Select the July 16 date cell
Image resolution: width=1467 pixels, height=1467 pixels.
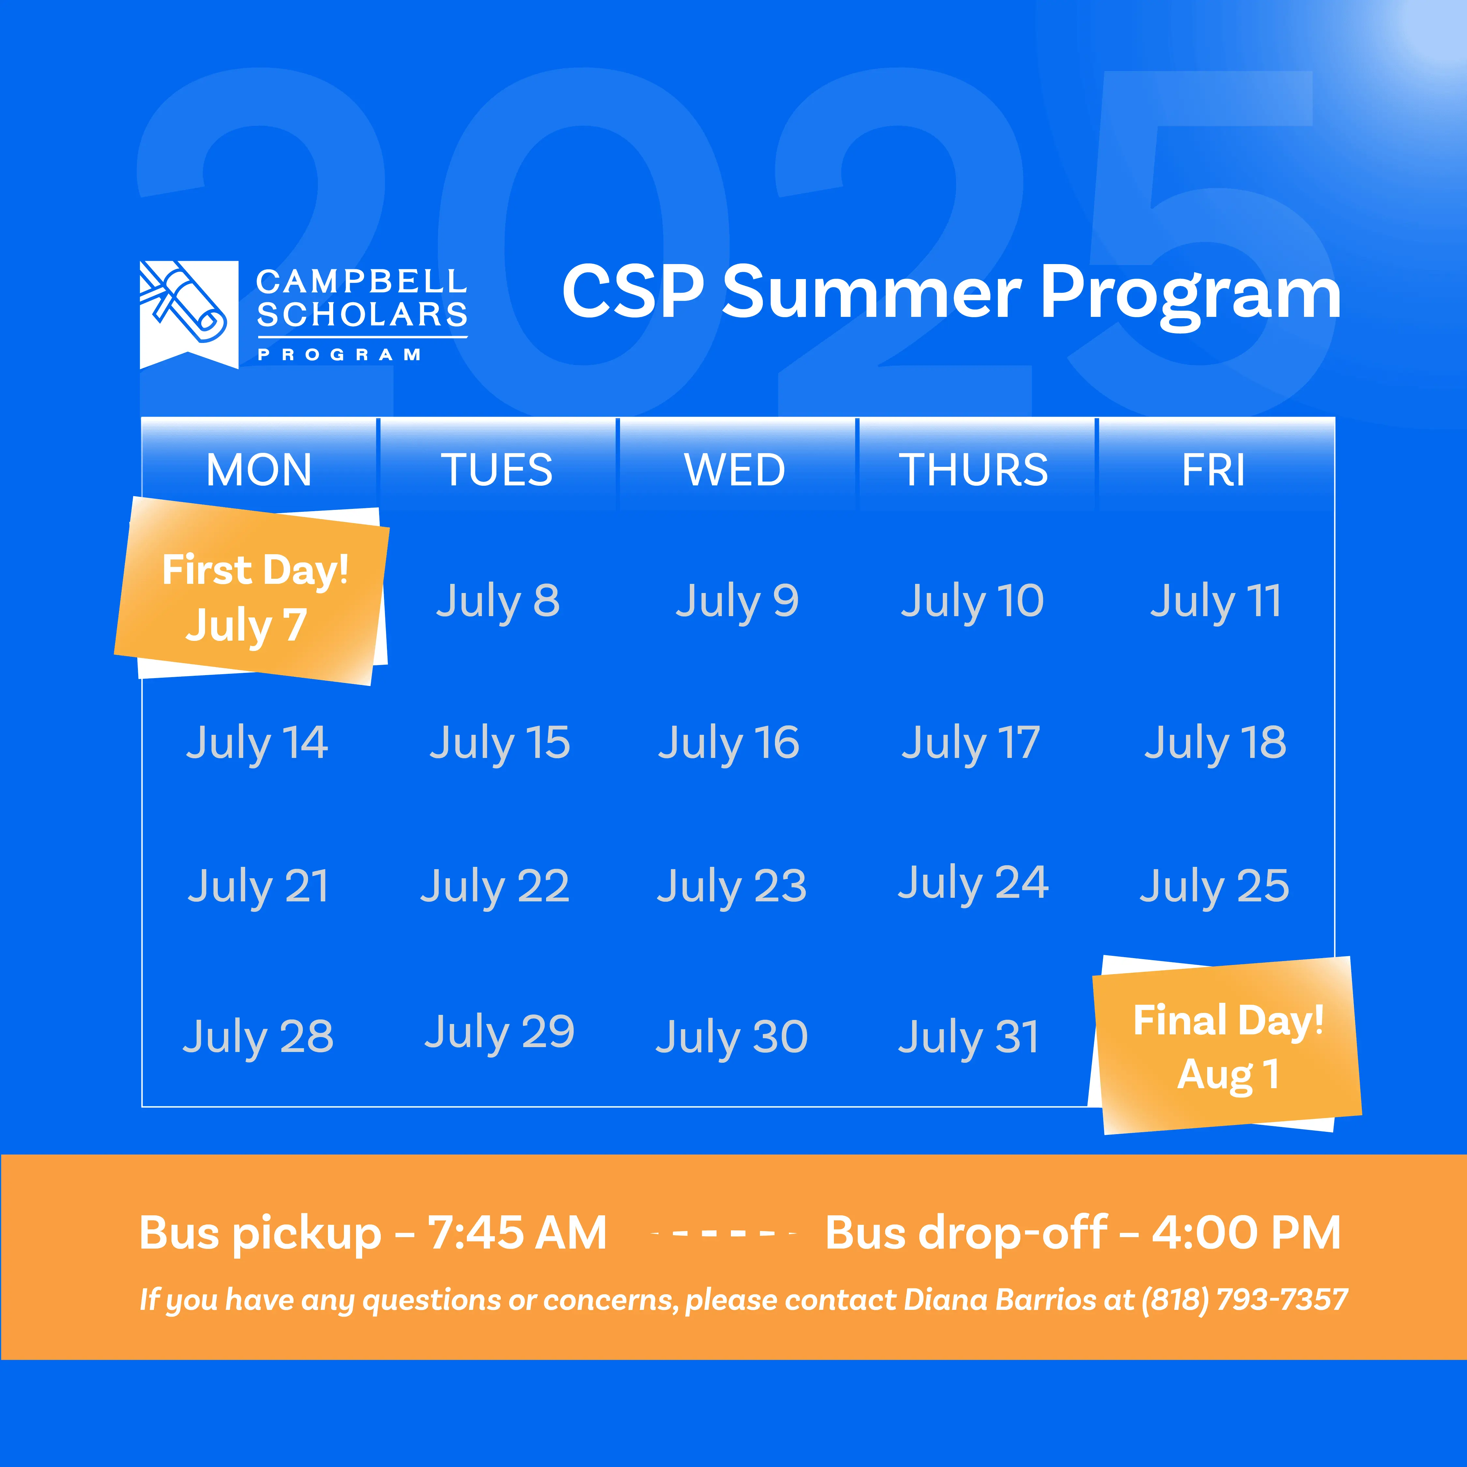[x=729, y=743]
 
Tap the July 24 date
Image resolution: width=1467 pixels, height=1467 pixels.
[x=973, y=883]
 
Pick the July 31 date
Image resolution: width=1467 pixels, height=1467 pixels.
[x=969, y=1037]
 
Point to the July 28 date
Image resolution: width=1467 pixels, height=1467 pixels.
[x=258, y=1037]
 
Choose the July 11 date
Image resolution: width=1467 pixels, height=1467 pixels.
[x=1216, y=601]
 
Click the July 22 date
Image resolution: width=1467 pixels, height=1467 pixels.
[x=495, y=886]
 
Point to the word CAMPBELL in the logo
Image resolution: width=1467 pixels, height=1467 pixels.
[x=362, y=282]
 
